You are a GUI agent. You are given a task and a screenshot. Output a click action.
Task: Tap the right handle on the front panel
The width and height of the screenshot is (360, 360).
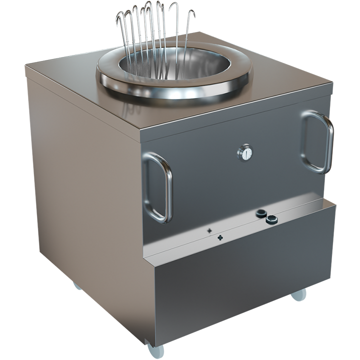[x=317, y=142]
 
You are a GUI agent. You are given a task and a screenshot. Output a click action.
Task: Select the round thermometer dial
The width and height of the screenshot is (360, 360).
[x=245, y=152]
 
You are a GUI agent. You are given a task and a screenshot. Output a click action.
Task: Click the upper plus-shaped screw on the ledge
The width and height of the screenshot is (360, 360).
[x=209, y=231]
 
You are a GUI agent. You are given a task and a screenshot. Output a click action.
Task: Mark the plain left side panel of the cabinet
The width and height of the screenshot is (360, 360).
[x=85, y=200]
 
